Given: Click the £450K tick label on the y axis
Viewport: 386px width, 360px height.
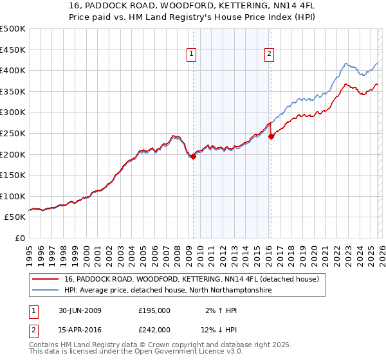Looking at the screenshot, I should [13, 50].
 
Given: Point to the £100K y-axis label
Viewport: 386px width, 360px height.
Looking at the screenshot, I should [13, 196].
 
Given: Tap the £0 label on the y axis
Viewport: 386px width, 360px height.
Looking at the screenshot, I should [19, 238].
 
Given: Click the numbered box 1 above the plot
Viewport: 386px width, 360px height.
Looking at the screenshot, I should [192, 55].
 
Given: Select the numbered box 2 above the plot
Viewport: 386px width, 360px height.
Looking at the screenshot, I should [268, 55].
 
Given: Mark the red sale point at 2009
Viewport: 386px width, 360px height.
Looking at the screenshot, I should [193, 156].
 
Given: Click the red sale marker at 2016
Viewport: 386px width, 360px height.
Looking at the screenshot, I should [271, 136].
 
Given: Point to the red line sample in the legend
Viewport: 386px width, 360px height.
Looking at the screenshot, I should [46, 279].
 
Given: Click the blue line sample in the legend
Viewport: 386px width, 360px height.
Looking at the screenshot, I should [46, 291].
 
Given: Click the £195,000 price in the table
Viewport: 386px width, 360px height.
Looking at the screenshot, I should [154, 310].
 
